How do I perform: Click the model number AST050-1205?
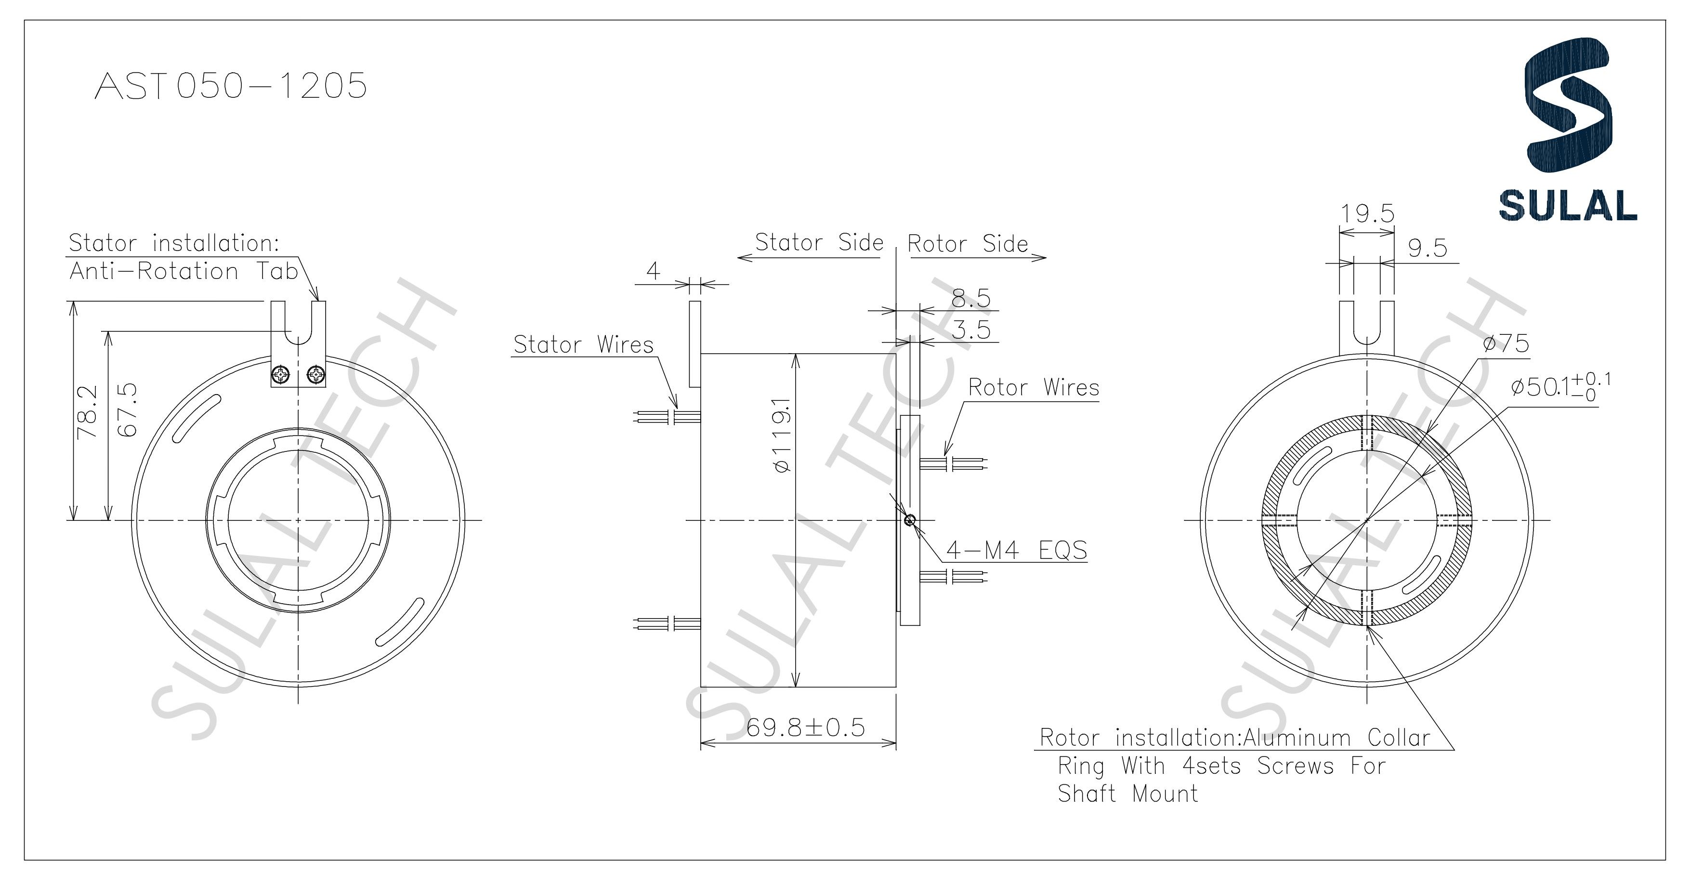point(231,86)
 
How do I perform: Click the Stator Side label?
point(819,243)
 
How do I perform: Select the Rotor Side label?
point(968,244)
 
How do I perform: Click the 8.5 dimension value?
point(971,299)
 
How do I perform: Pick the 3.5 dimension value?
point(971,330)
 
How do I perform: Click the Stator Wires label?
point(583,345)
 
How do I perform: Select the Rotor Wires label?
point(1033,388)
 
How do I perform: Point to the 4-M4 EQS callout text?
point(1016,550)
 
